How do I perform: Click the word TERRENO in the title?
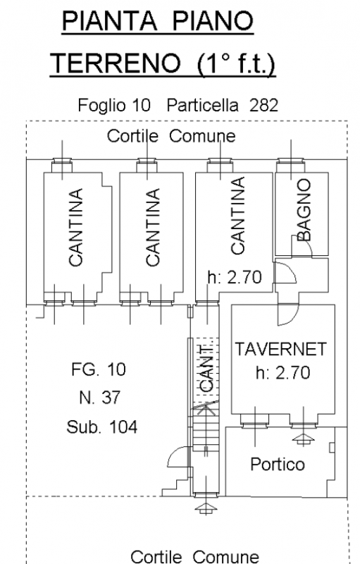pos(115,63)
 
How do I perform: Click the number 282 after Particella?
pos(263,105)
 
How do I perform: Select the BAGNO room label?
pos(304,209)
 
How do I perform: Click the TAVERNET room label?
pos(280,349)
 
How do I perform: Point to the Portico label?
pos(278,464)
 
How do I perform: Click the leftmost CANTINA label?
pos(76,227)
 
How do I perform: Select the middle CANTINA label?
pos(153,227)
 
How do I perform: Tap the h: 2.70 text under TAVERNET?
pos(283,373)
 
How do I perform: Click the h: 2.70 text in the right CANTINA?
pos(235,277)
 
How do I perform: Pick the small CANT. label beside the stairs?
pos(206,368)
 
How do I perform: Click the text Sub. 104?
pos(101,427)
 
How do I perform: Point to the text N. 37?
pos(99,398)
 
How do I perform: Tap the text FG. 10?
pos(99,369)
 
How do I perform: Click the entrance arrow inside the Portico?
pos(304,439)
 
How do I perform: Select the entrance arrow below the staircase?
pos(206,508)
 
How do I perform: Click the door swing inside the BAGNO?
pos(304,245)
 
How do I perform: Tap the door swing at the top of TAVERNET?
pos(288,315)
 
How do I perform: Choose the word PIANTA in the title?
pos(109,21)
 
